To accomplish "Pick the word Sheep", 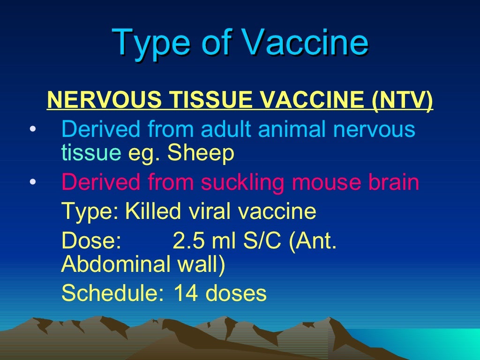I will coord(207,153).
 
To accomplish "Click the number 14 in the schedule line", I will coord(184,294).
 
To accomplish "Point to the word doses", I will coord(236,294).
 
